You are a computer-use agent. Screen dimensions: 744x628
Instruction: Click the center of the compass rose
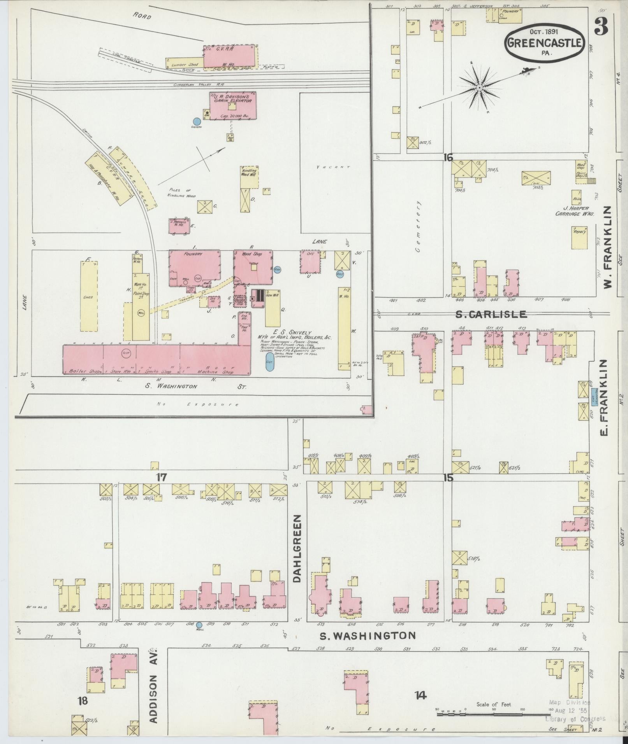(x=480, y=88)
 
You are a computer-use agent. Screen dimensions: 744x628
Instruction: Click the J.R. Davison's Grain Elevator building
(x=232, y=105)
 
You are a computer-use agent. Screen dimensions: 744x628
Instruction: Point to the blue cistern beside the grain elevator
(x=197, y=122)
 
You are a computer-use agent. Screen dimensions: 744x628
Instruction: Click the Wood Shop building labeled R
(x=253, y=266)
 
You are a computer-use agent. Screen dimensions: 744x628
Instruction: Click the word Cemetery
(x=419, y=227)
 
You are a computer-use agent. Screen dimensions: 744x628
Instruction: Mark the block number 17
(x=161, y=477)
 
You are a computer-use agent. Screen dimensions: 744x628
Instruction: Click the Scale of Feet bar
(x=493, y=714)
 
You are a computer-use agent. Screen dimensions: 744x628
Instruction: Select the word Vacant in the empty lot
(x=333, y=167)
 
